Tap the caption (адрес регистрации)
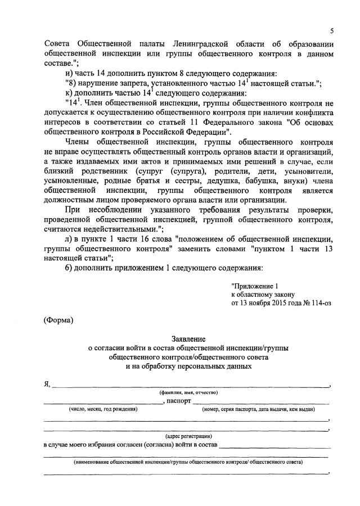click(188, 436)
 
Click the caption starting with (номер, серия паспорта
click(258, 409)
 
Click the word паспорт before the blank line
click(178, 401)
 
